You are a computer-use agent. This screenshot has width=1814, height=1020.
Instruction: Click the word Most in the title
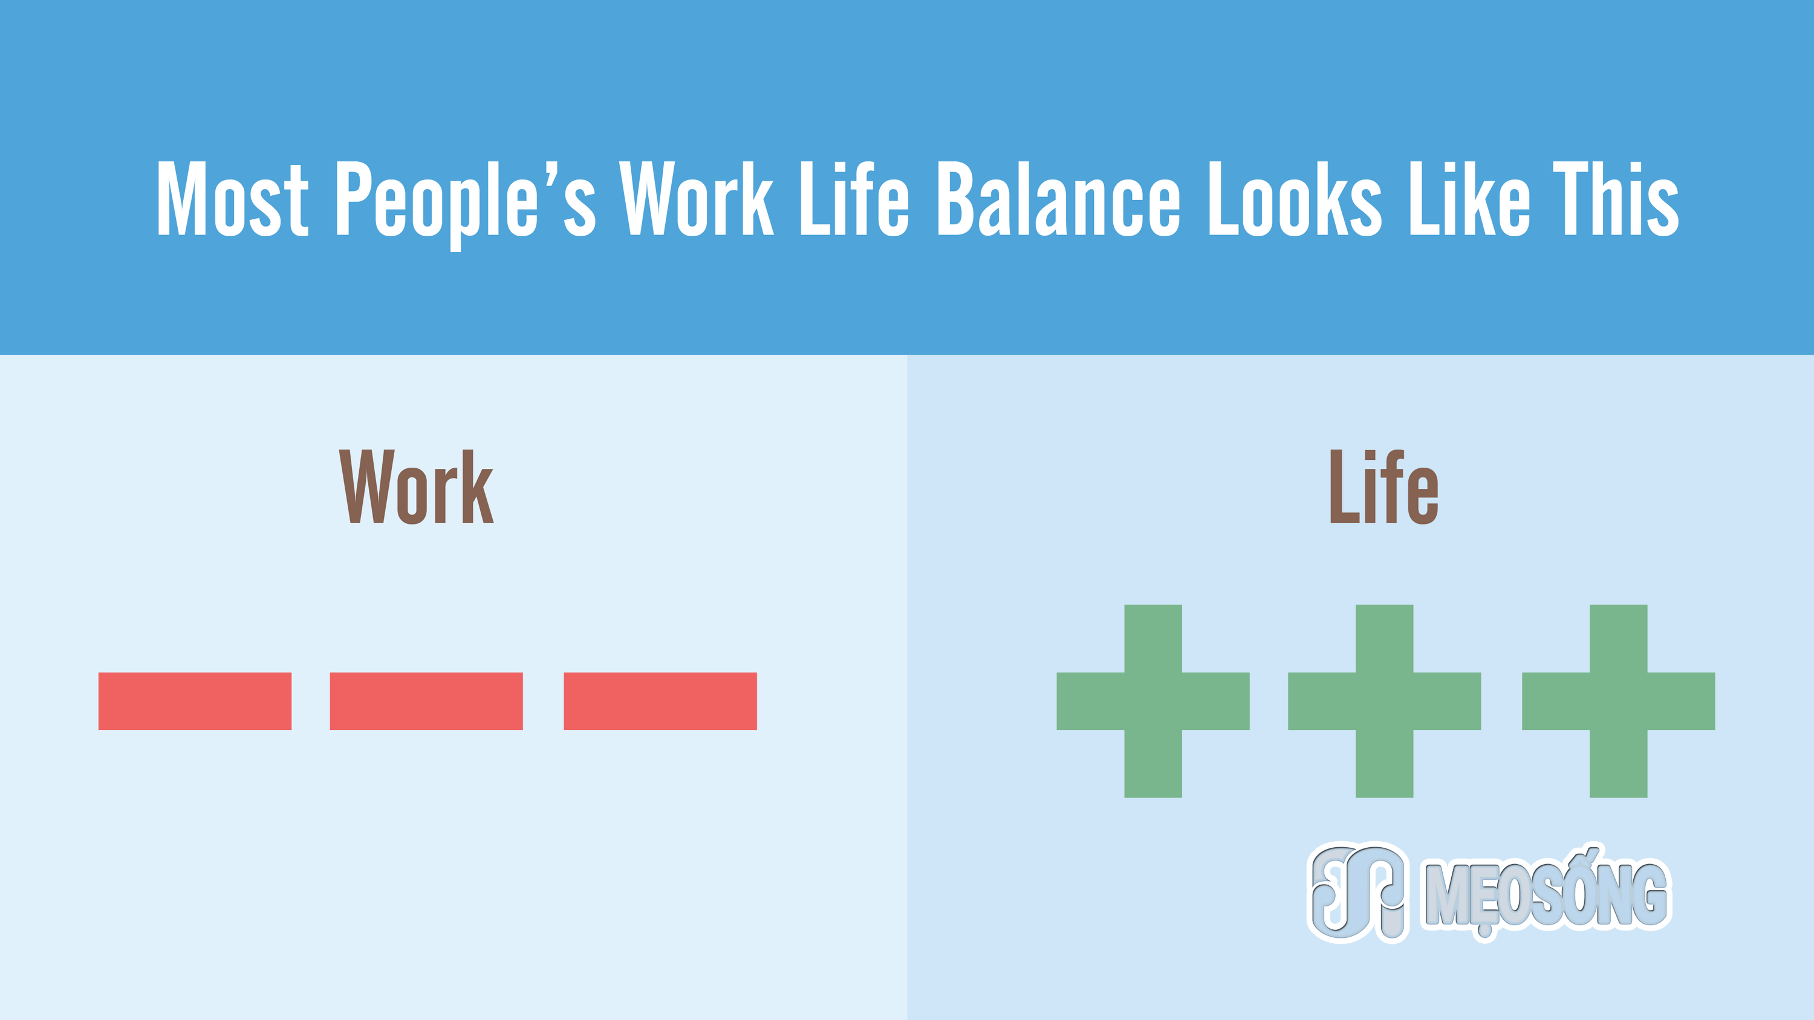[x=232, y=199]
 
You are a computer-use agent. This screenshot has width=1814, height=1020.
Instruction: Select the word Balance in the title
[x=1058, y=199]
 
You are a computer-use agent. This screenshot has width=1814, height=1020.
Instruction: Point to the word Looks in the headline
[x=1295, y=199]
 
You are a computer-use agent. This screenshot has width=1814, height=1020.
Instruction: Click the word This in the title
[x=1616, y=199]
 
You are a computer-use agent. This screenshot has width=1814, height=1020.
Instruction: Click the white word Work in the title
[x=697, y=199]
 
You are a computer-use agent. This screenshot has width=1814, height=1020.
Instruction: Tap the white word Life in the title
[x=855, y=199]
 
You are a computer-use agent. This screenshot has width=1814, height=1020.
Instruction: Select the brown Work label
[x=416, y=486]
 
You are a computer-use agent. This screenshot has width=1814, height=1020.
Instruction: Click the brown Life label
[x=1383, y=486]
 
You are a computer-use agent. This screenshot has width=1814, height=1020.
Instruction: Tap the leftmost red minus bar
[x=195, y=701]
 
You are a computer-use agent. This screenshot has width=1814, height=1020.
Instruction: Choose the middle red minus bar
[x=426, y=701]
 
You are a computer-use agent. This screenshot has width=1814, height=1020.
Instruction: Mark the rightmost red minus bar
[x=660, y=701]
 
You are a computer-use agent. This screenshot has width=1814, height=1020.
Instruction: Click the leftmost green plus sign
[x=1152, y=701]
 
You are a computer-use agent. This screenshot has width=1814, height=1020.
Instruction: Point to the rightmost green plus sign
[x=1618, y=701]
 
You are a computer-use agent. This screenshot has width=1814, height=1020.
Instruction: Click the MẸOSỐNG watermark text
[x=1546, y=892]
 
